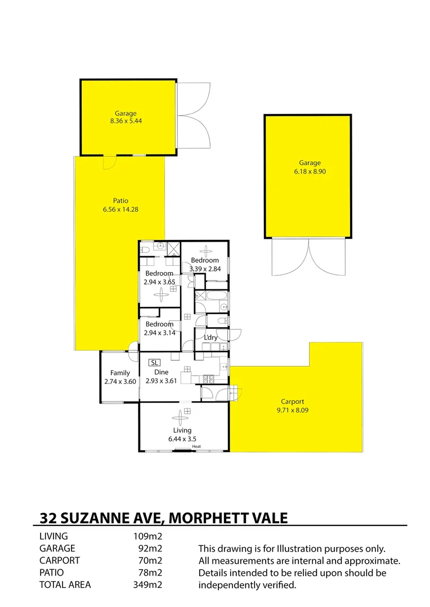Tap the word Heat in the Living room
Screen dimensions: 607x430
[196, 447]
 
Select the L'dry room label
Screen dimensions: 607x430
[210, 337]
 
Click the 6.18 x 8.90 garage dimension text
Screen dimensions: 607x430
[309, 171]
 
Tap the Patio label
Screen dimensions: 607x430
[120, 201]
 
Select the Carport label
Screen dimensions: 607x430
[293, 401]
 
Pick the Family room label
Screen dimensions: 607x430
[120, 373]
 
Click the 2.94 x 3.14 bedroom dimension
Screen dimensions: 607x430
[159, 333]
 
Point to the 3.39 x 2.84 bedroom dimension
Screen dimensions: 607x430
[205, 269]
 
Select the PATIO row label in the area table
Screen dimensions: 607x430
[52, 573]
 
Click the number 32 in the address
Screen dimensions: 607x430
[48, 517]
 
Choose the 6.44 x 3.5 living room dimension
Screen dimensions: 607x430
[182, 439]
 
